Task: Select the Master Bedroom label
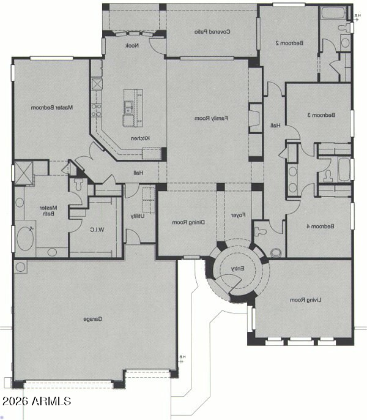(52, 108)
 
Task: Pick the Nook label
(131, 46)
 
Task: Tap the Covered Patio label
(212, 31)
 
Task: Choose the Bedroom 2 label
(286, 43)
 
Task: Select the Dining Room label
(187, 222)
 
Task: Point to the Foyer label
(237, 216)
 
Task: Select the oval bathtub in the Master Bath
(25, 238)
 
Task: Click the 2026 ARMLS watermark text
(37, 402)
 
